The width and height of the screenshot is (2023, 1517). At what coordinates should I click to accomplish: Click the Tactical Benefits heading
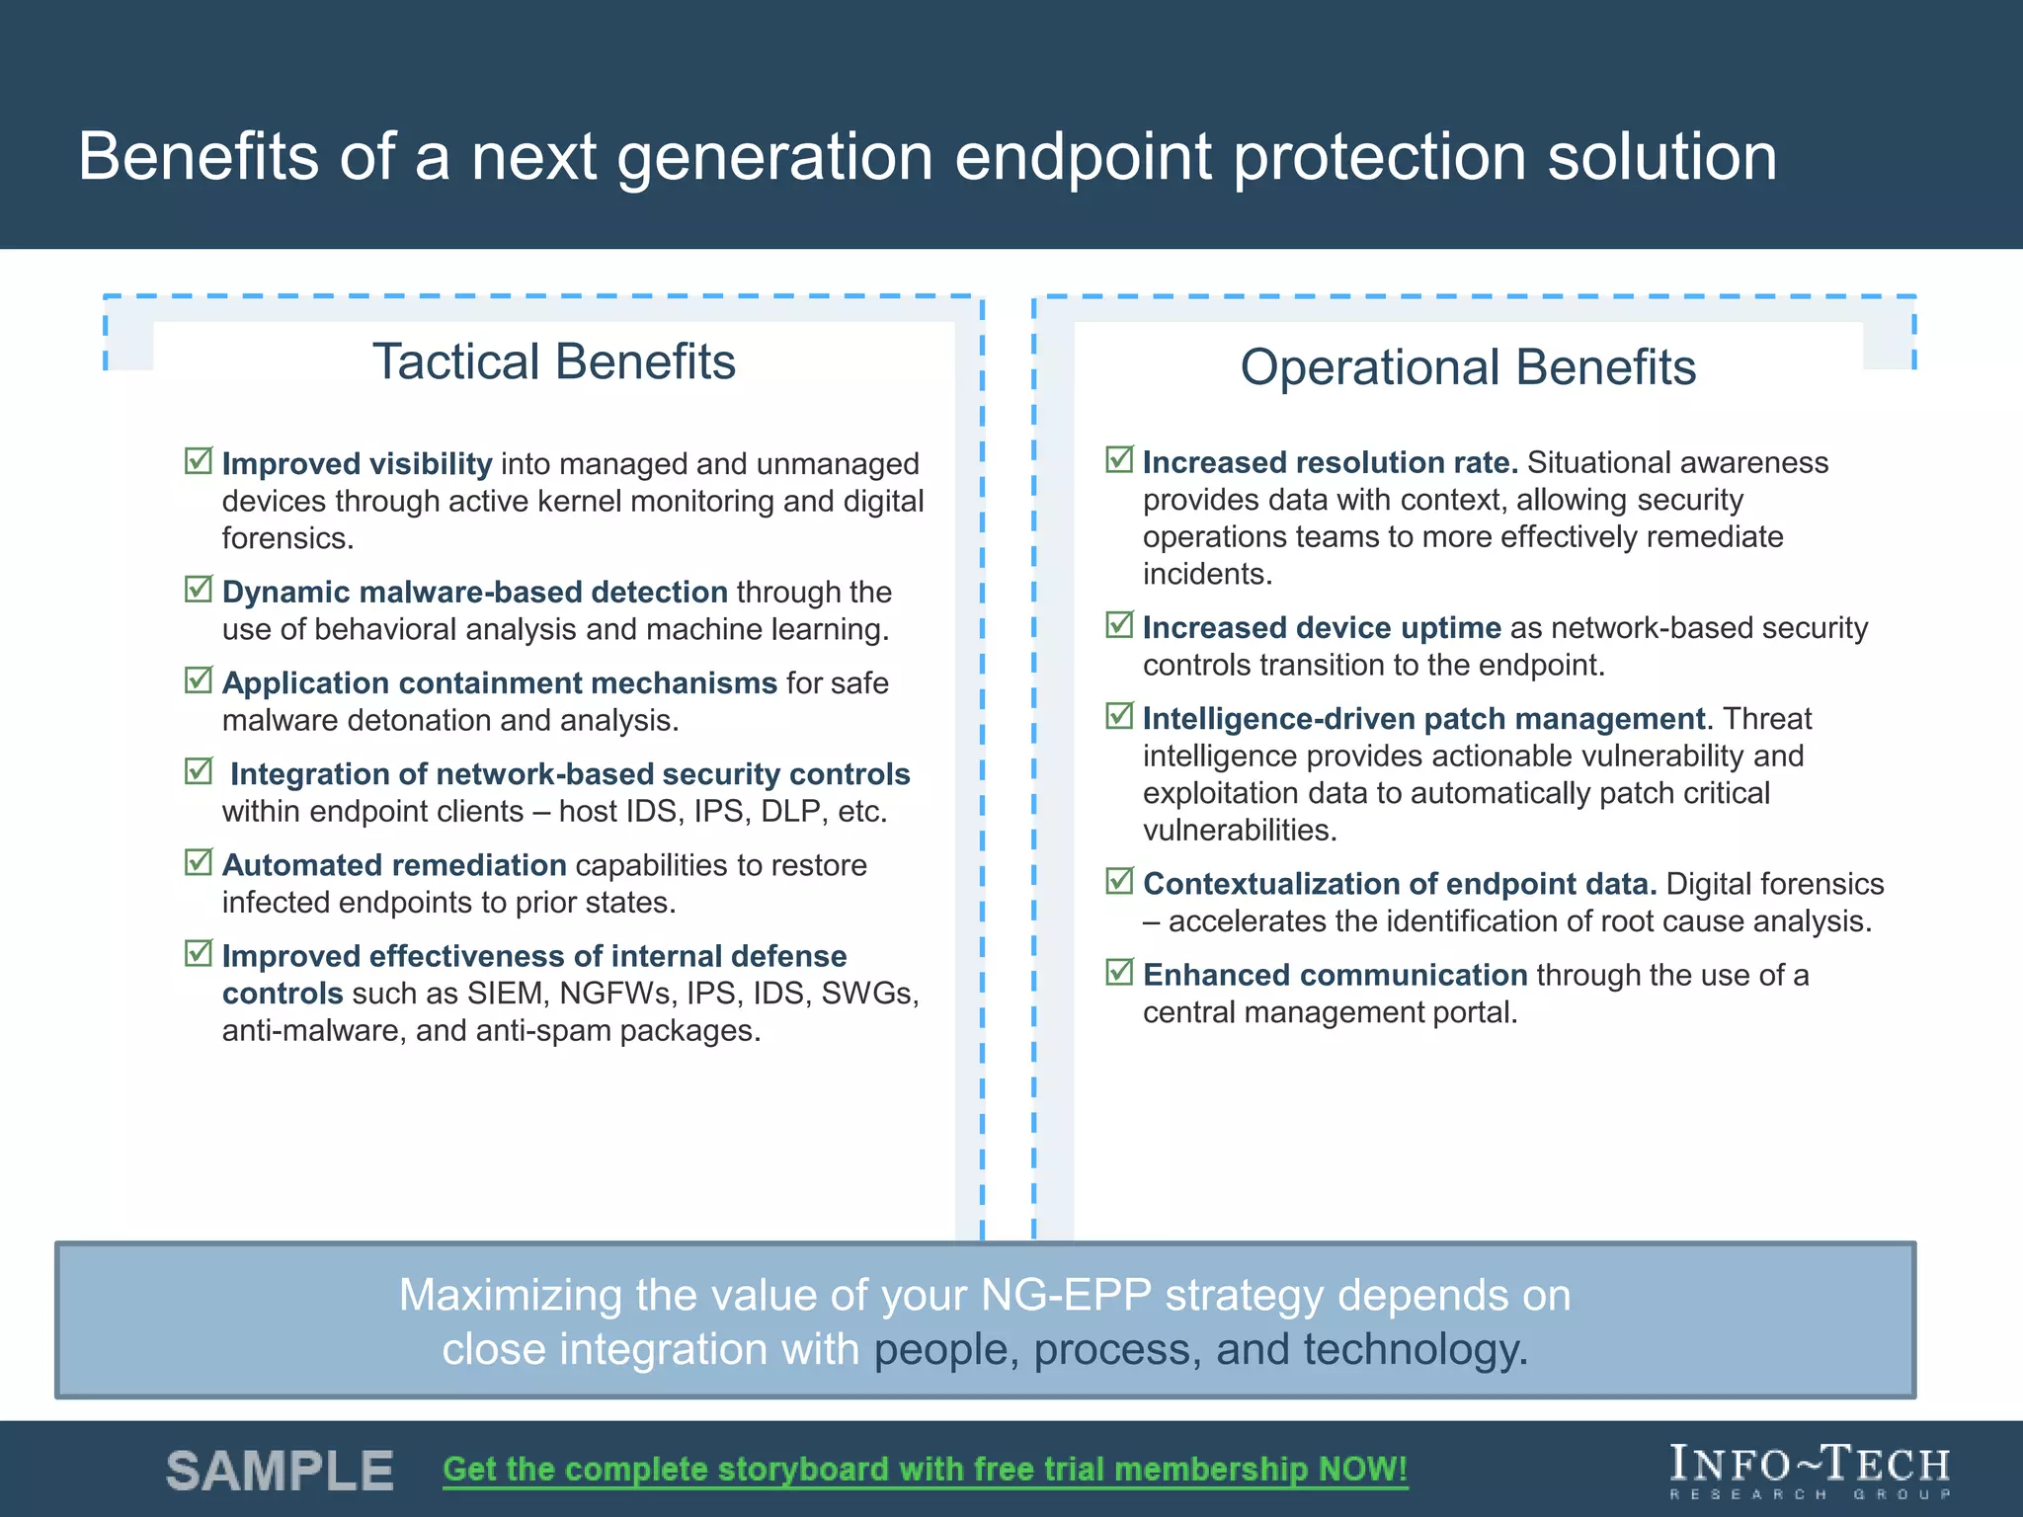point(553,362)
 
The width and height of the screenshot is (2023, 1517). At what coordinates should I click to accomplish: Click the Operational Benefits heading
point(1468,367)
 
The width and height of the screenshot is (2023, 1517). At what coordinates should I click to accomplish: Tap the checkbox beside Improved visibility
point(199,461)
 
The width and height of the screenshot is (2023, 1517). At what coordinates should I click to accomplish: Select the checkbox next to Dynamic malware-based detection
point(199,590)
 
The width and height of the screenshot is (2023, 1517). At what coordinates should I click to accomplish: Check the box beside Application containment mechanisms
point(199,680)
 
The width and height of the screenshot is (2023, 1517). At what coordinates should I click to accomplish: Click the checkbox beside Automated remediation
point(199,862)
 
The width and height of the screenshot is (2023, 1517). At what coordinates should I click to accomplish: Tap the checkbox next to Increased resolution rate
point(1119,460)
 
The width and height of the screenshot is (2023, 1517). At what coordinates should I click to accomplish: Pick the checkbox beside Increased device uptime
point(1119,625)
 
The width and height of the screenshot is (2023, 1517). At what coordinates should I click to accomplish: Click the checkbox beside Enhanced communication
point(1119,973)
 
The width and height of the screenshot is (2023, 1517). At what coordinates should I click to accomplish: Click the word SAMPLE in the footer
point(281,1471)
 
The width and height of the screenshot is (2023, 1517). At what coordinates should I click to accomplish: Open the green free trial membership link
point(925,1470)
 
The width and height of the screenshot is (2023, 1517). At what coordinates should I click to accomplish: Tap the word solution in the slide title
point(1661,158)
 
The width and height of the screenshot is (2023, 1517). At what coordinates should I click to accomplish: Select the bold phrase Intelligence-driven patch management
point(1423,719)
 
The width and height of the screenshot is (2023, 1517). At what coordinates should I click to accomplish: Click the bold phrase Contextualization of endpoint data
point(1399,884)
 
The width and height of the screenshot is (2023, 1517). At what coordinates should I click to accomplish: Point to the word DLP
point(789,812)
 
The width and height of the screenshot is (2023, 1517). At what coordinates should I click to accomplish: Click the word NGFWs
point(614,994)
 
